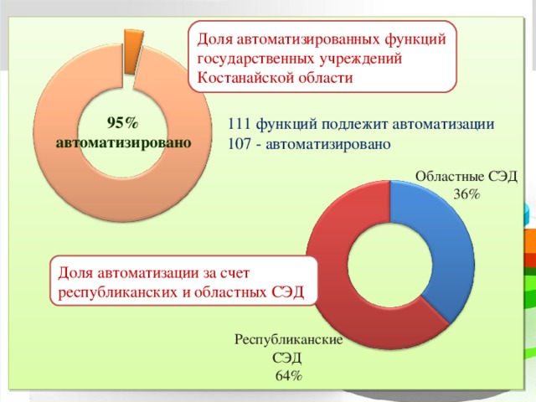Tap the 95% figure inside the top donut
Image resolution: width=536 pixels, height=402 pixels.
(123, 122)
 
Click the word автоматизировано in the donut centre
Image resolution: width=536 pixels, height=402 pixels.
(123, 142)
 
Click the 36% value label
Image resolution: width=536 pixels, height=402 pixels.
(466, 193)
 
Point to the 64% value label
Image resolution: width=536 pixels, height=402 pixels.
(289, 375)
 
